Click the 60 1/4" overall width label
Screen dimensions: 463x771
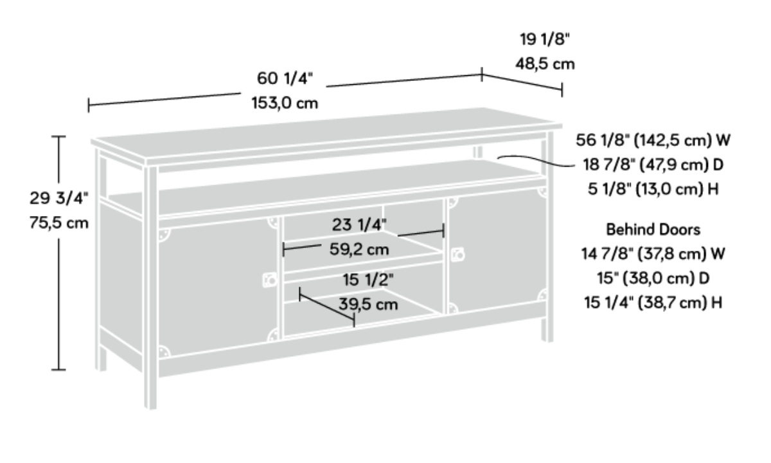(x=285, y=78)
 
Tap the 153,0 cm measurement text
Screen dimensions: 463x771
(x=285, y=103)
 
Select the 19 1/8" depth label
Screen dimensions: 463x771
(x=545, y=40)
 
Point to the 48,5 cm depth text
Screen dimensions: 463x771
(x=545, y=64)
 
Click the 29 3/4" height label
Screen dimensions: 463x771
(x=58, y=199)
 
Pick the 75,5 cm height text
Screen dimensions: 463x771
(x=58, y=223)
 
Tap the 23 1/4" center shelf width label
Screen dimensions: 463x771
(x=360, y=224)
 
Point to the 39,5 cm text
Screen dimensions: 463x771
(x=368, y=304)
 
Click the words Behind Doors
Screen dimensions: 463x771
(x=652, y=229)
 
